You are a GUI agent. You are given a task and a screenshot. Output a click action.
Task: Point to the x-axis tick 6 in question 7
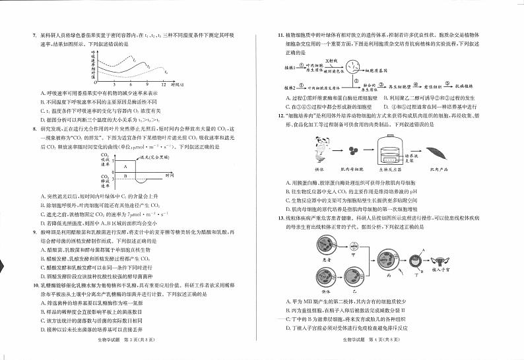click(132, 84)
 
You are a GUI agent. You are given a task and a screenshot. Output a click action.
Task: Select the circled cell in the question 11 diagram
click(356, 67)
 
